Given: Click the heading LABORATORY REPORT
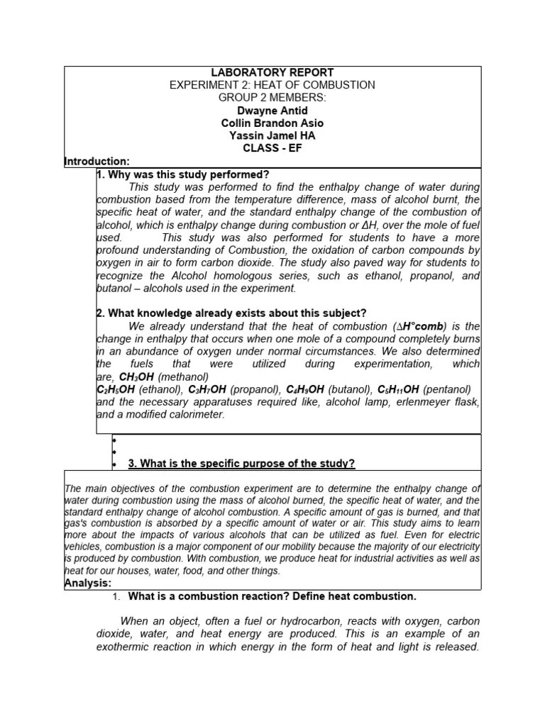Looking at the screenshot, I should (272, 73).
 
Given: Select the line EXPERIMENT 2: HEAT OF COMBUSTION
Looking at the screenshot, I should (272, 85).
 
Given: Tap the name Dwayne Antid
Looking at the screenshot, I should (272, 111).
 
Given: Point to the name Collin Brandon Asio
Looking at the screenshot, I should (272, 123).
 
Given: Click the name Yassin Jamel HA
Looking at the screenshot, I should (272, 136).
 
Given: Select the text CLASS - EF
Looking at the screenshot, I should (272, 149).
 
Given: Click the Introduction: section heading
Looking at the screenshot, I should (97, 162).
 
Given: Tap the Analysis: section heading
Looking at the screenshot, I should (88, 583).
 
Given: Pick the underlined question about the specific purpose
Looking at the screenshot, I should (241, 464).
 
